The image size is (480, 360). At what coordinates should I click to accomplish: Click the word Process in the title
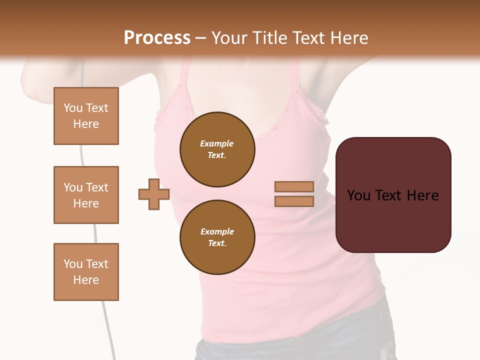point(157,38)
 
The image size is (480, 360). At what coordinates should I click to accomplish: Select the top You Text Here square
point(86,116)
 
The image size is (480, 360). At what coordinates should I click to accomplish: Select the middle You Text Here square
point(86,195)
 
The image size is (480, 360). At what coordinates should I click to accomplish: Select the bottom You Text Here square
point(86,272)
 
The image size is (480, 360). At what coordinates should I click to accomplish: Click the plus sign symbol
point(154,194)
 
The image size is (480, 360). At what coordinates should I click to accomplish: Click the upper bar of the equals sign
point(294,187)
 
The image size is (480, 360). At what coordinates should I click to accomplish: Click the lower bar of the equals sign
point(294,201)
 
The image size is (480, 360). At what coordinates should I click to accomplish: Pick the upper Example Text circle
point(217,149)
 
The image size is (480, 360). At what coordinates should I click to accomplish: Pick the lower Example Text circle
point(217,237)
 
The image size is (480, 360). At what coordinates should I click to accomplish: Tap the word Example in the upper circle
point(216,143)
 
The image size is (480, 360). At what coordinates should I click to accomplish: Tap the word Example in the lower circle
point(217,231)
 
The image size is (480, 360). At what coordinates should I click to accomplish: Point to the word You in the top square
point(73,108)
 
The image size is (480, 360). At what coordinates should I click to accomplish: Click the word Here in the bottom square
point(86,280)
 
